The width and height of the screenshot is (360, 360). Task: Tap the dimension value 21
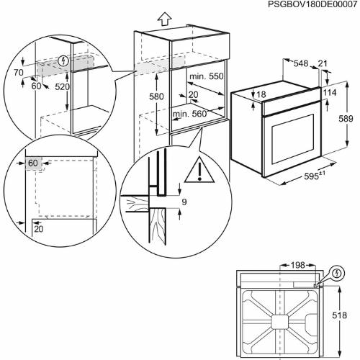click(323, 64)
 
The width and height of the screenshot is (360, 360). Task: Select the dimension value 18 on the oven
click(261, 95)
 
